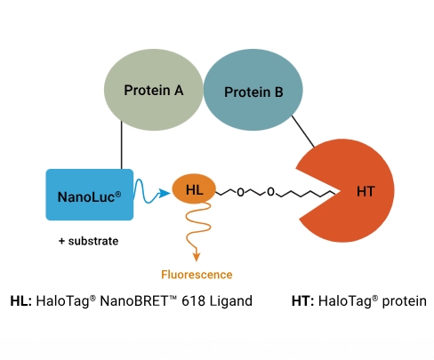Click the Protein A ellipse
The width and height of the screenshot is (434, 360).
[154, 90]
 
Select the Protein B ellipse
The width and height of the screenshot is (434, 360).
[253, 90]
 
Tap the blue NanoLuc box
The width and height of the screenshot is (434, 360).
[90, 195]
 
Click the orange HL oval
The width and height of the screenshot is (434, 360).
[194, 189]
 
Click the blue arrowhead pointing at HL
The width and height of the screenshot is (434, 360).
[165, 193]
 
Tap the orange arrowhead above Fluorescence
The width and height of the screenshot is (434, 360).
[197, 257]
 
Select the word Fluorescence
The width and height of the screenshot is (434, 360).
[197, 275]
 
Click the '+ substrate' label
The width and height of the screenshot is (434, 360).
[89, 241]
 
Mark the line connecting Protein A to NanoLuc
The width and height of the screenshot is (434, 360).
[122, 145]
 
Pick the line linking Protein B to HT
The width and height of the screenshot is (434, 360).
[303, 132]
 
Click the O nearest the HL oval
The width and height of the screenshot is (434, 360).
[240, 193]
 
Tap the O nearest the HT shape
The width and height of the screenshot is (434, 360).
[270, 192]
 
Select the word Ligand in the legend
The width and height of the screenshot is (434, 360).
[231, 301]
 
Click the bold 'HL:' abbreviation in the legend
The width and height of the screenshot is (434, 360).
[21, 301]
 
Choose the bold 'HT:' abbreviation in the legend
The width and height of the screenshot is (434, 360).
[302, 301]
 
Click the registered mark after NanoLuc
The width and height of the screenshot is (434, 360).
[118, 195]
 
